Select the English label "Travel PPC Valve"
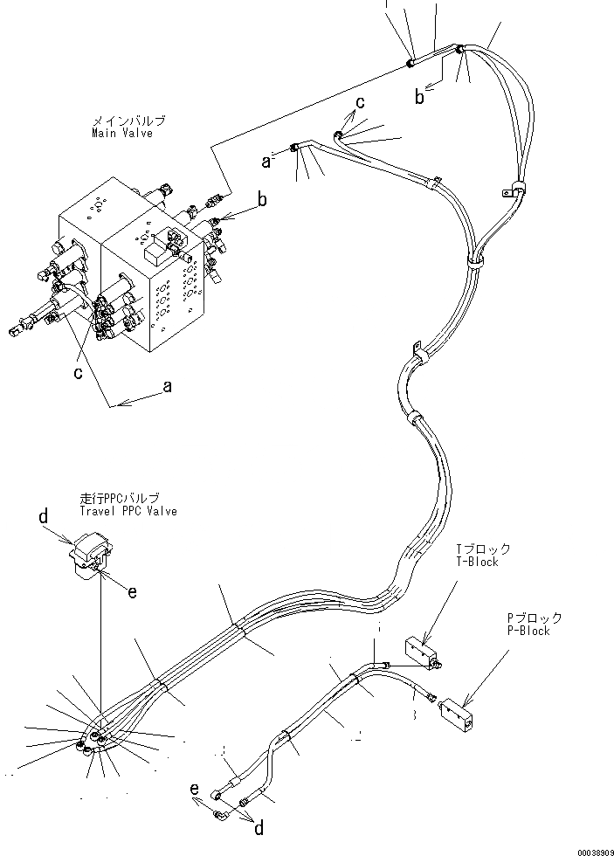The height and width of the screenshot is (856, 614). point(126,511)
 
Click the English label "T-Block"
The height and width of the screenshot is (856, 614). point(477,562)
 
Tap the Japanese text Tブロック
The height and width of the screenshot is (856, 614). point(482,549)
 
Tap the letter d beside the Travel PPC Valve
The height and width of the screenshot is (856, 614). point(43,518)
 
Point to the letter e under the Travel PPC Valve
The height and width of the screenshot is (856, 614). point(132,592)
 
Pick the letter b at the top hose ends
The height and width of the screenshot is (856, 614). point(420,98)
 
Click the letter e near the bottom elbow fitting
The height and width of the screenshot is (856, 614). point(195,789)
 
